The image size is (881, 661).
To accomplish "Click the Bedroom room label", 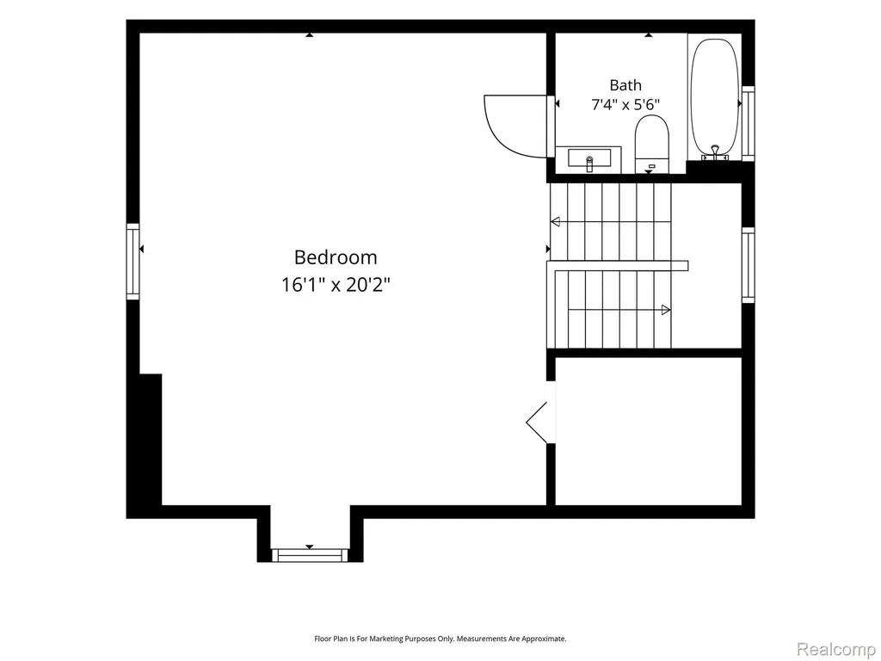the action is [336, 257].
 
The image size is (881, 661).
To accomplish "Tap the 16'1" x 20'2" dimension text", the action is [336, 285].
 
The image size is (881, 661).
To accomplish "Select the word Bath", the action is [625, 85].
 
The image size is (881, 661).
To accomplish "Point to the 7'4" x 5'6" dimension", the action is [625, 104].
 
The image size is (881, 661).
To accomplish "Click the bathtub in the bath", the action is [714, 96].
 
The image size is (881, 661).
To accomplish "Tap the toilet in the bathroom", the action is [652, 144].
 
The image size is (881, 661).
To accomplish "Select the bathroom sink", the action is [588, 159].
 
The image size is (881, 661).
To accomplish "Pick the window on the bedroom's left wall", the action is [132, 262].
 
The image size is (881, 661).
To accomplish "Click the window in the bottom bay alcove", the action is [310, 555].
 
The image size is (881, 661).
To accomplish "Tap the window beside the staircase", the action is [748, 265].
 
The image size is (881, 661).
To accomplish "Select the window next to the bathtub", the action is [748, 124].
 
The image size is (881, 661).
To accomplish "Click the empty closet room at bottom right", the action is [649, 431].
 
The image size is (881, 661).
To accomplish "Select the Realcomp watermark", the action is [836, 649].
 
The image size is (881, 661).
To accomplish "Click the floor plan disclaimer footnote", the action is [440, 639].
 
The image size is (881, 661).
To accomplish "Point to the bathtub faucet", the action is [715, 151].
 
